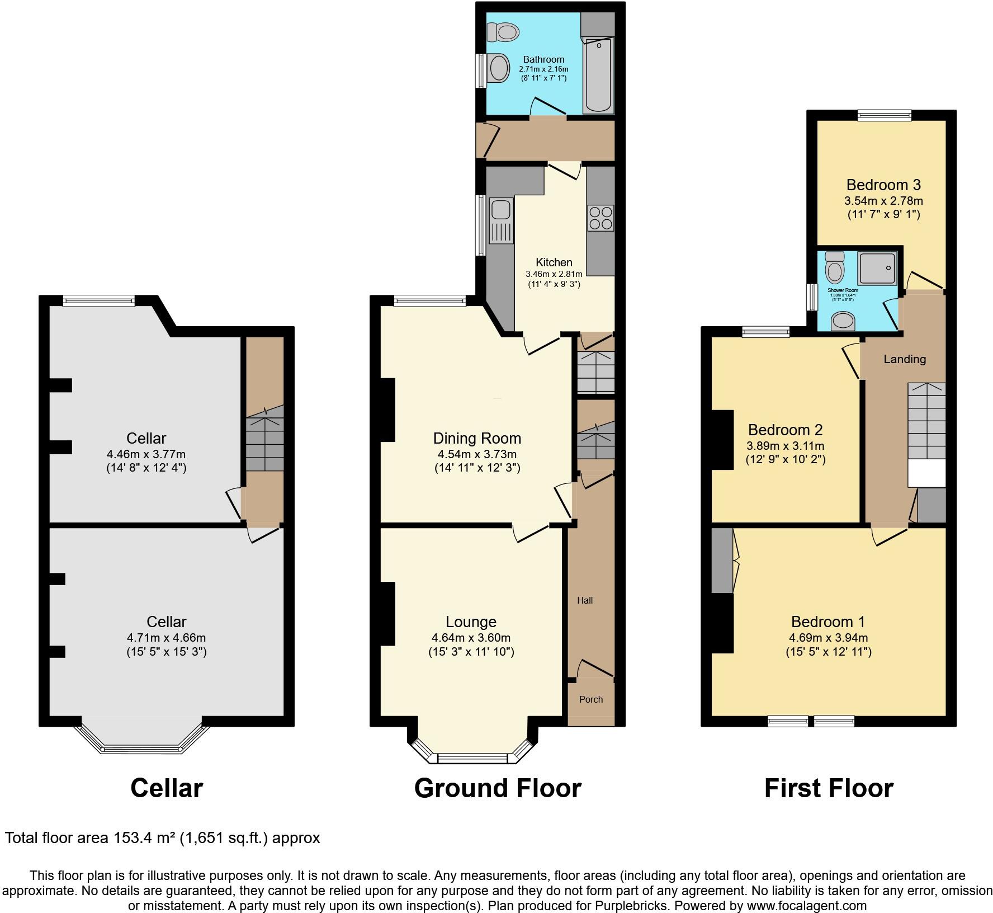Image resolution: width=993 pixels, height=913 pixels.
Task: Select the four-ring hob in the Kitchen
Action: tap(600, 218)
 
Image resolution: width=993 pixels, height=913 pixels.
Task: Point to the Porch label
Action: tap(591, 699)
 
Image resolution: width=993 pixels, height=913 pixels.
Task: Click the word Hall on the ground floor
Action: tap(585, 600)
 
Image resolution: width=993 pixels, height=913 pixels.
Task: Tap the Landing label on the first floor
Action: tap(904, 359)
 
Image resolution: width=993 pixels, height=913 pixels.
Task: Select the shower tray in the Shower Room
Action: tap(877, 267)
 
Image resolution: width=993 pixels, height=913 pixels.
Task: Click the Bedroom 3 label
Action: tap(883, 185)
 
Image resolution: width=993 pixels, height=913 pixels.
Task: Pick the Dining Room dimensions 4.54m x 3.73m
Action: tap(477, 454)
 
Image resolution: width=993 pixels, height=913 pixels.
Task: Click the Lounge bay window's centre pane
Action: tap(472, 758)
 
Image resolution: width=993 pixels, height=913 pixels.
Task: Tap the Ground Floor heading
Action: tap(497, 788)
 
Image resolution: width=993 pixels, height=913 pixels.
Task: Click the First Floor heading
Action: tap(828, 788)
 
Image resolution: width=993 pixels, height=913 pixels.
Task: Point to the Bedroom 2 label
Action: tap(785, 430)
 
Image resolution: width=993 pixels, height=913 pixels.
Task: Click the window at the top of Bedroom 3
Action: tap(885, 115)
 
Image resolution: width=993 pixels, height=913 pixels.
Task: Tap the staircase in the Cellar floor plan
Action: tap(264, 439)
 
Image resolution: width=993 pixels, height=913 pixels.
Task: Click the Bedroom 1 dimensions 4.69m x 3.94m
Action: tap(828, 637)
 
